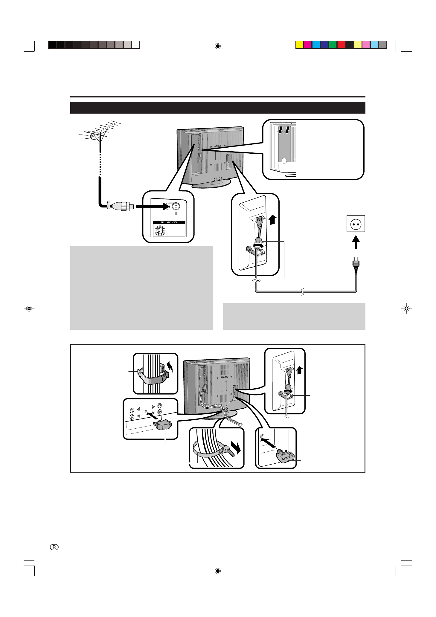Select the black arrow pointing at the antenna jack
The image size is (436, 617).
coord(153,206)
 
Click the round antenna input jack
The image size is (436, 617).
coord(176,206)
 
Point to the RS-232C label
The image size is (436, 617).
coord(169,222)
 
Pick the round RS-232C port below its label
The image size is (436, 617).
coord(160,230)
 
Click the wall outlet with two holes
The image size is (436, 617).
coord(356,224)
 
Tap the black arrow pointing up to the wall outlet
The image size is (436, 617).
coord(356,242)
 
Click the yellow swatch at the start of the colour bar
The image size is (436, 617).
coord(299,45)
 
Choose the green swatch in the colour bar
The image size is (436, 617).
coord(333,45)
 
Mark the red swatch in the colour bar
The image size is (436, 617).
coord(341,45)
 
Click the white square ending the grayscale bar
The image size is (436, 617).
coord(136,45)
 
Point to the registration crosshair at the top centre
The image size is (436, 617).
coord(218,46)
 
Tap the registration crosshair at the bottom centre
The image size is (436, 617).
coord(218,571)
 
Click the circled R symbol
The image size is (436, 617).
coord(54,547)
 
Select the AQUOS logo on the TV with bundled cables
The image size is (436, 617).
coord(224,377)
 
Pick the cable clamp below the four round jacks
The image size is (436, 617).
coord(163,425)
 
